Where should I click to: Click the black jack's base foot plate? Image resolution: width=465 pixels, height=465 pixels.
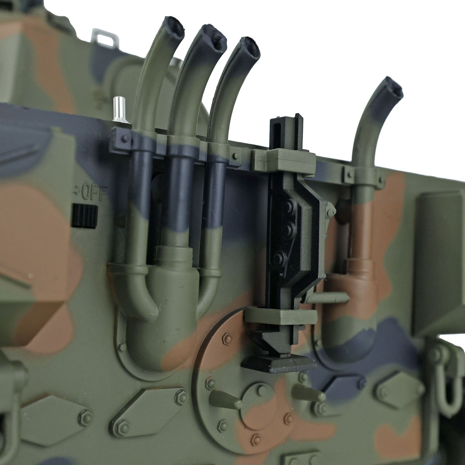[279, 365]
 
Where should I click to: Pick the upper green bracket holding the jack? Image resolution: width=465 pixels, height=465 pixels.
[284, 157]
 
